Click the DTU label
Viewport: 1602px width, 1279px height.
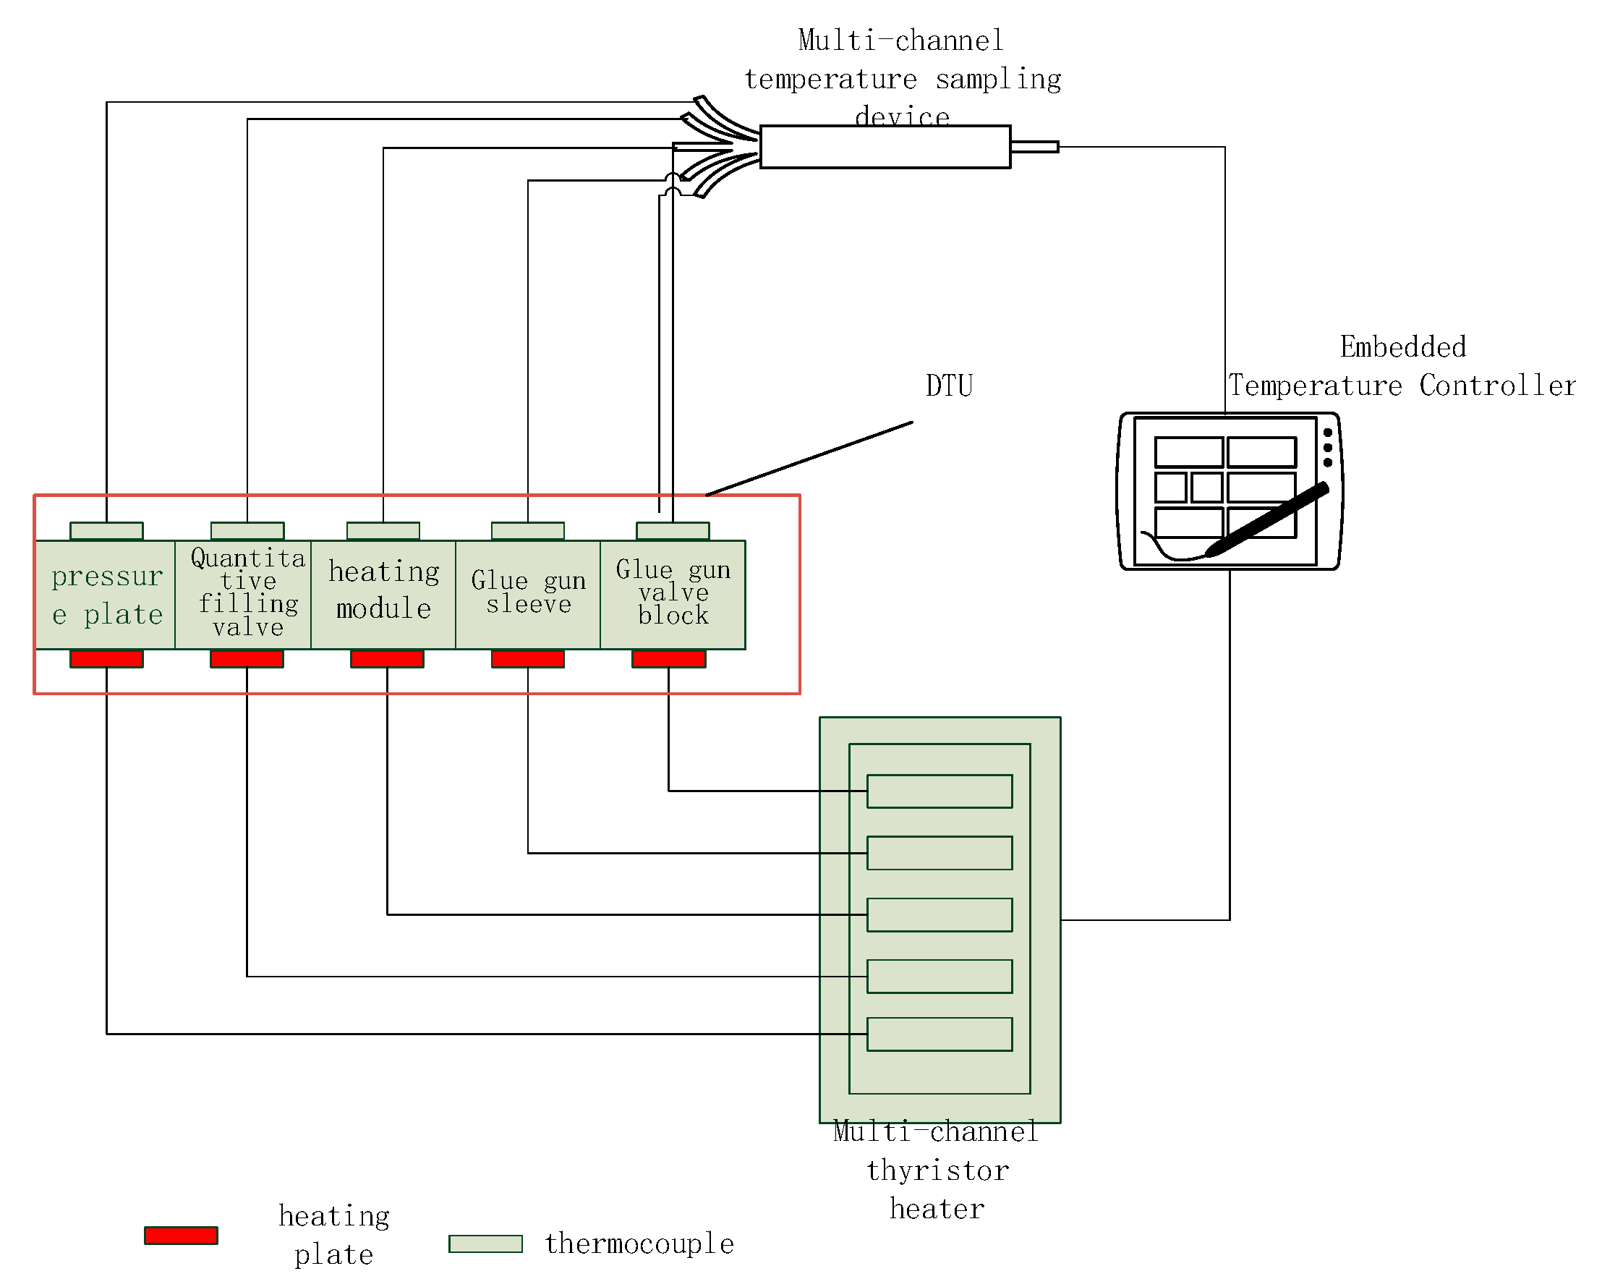click(949, 386)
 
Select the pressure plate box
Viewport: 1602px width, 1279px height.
click(106, 595)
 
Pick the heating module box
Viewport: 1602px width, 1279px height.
click(383, 595)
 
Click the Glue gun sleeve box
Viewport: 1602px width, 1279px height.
click(528, 595)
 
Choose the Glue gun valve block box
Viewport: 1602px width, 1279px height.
click(673, 595)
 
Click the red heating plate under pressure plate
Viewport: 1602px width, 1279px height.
click(106, 658)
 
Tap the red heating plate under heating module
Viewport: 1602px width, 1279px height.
click(387, 658)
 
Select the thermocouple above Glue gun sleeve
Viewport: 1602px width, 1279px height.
click(527, 530)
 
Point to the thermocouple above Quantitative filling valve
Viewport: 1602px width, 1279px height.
click(247, 530)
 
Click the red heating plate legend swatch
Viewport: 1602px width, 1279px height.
click(182, 1235)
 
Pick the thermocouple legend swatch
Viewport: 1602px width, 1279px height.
click(486, 1244)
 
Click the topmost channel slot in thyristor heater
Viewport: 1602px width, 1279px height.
click(940, 791)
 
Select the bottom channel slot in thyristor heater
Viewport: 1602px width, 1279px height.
click(940, 1034)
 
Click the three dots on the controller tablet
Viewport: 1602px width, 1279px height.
click(1328, 447)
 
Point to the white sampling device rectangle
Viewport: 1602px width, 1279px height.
click(885, 147)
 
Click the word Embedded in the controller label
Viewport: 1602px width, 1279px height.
click(1403, 347)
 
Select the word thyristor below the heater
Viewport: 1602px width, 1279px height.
click(938, 1170)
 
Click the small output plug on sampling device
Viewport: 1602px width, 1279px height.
click(1034, 146)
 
